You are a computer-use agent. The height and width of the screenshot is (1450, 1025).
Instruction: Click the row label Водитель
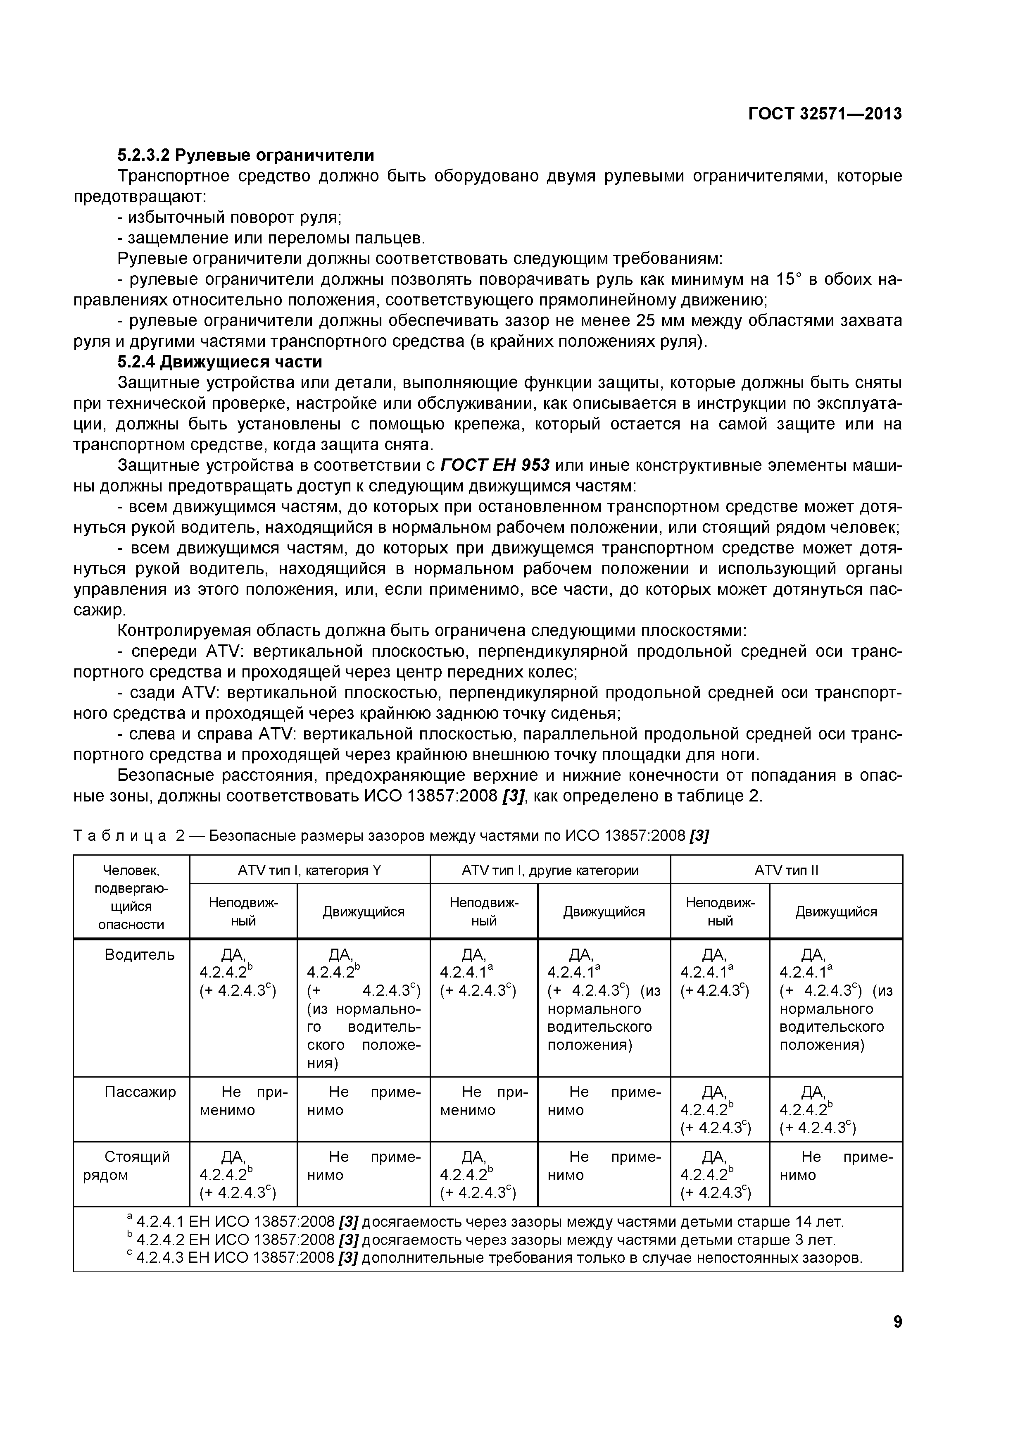(140, 955)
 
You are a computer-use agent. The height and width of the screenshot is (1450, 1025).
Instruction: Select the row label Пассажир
(140, 1092)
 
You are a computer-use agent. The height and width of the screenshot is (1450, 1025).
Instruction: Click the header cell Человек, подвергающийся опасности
(131, 897)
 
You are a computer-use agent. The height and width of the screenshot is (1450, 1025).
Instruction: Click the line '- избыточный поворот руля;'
(230, 217)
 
